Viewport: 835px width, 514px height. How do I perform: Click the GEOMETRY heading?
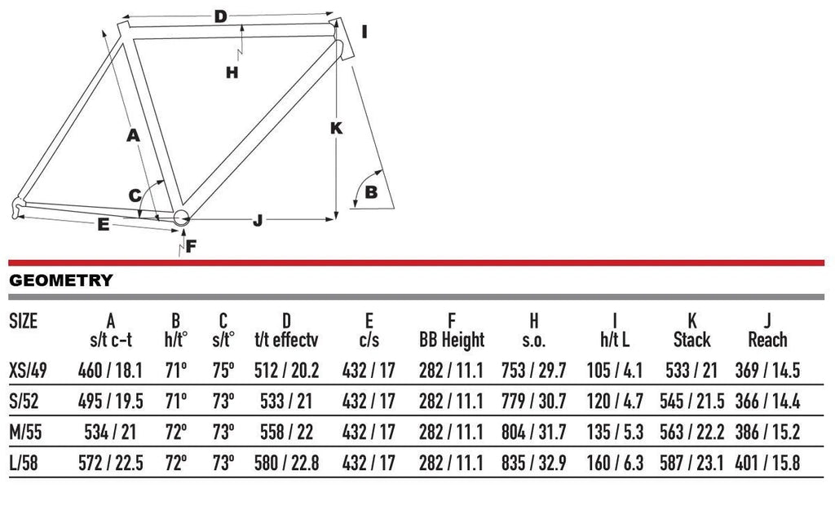pyautogui.click(x=61, y=280)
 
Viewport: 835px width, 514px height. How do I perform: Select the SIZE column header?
pyautogui.click(x=24, y=322)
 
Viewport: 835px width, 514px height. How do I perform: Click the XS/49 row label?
pyautogui.click(x=29, y=371)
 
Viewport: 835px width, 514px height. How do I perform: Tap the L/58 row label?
pyautogui.click(x=24, y=463)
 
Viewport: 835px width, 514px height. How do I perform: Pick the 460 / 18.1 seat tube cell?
pyautogui.click(x=110, y=371)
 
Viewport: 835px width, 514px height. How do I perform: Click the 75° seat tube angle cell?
pyautogui.click(x=223, y=371)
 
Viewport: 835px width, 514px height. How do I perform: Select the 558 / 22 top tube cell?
pyautogui.click(x=286, y=432)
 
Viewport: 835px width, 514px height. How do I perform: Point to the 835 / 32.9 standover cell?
pyautogui.click(x=533, y=463)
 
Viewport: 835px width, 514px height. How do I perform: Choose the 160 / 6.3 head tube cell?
pyautogui.click(x=615, y=463)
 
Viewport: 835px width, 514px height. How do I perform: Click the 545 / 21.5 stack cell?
pyautogui.click(x=691, y=402)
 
